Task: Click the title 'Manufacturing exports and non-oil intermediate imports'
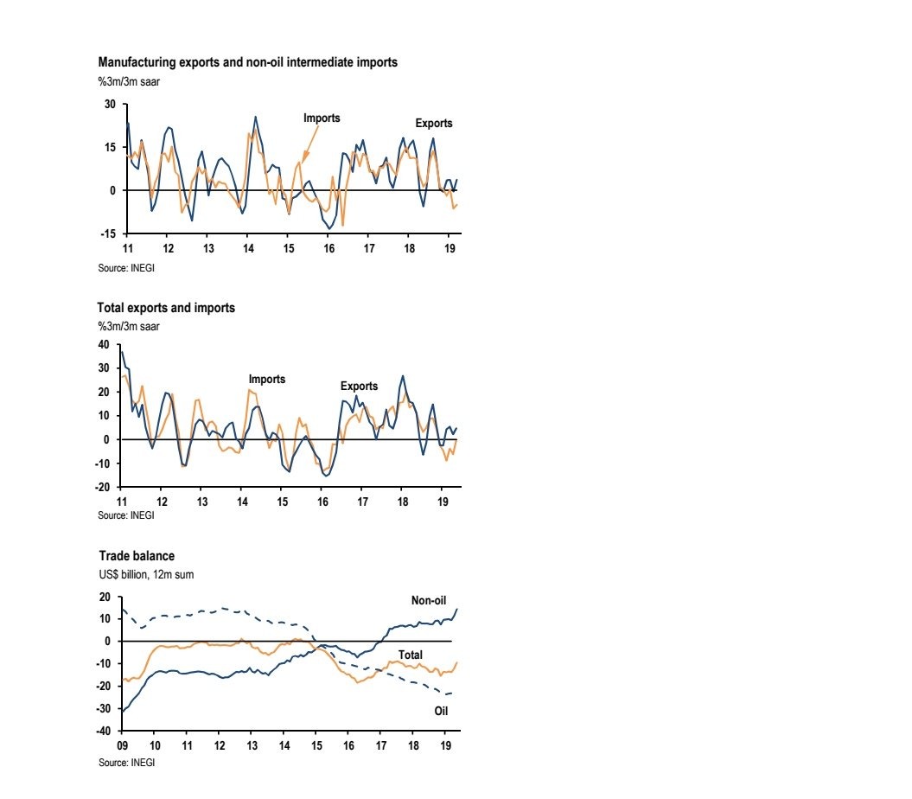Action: [248, 63]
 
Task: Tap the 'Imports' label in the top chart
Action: [322, 118]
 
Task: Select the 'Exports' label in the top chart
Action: [434, 124]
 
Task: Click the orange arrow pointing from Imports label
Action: [309, 143]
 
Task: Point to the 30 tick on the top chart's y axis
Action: [111, 105]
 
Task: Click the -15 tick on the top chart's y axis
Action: [108, 233]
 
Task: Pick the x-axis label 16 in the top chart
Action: [328, 248]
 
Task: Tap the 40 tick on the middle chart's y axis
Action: [104, 344]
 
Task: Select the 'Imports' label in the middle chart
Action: [266, 380]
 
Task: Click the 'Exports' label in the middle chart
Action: [359, 386]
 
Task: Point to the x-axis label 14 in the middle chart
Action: [241, 502]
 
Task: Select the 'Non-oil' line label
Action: [428, 600]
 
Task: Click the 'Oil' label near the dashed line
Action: [440, 711]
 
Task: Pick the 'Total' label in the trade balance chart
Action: [411, 655]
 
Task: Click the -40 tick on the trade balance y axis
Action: [104, 731]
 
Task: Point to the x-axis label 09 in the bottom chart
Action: [122, 745]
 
